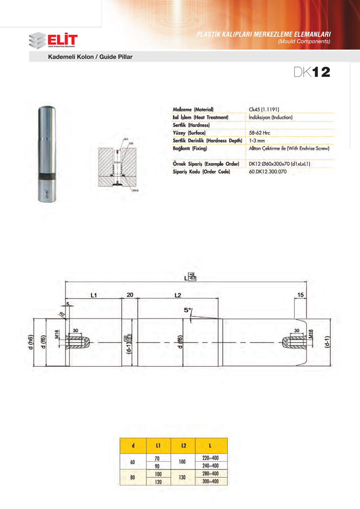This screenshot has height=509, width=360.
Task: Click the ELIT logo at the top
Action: click(53, 40)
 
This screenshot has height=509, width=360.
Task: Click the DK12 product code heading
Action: click(311, 73)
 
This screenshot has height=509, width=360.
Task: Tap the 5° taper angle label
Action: click(188, 310)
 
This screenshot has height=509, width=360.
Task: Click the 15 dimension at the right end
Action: click(301, 295)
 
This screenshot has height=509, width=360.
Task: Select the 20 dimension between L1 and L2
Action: click(130, 295)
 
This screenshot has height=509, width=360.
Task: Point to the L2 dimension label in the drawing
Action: click(179, 295)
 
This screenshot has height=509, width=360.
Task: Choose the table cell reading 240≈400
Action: click(211, 466)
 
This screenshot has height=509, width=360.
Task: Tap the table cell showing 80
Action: click(132, 477)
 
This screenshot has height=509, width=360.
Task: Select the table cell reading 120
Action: click(158, 481)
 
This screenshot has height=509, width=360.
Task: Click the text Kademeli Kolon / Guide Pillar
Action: click(90, 57)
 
